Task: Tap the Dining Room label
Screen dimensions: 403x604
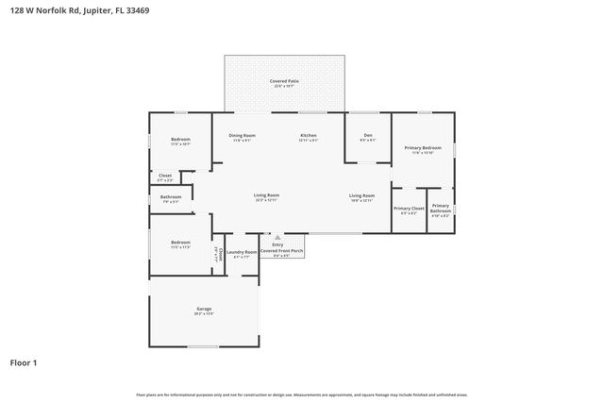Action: point(243,135)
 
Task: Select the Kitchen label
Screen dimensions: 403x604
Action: point(309,135)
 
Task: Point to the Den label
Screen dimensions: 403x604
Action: point(368,135)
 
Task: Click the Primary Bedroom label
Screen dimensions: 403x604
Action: point(423,148)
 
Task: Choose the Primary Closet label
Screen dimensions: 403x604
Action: point(409,208)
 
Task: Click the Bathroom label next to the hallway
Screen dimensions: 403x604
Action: point(170,196)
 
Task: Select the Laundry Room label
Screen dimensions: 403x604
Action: point(242,252)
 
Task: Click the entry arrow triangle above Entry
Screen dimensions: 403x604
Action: point(277,238)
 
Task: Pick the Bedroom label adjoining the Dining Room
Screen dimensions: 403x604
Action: point(180,140)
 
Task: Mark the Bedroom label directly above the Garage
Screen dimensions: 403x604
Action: point(180,243)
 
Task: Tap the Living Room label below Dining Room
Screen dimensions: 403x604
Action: point(266,195)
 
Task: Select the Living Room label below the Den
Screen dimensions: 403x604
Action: point(362,195)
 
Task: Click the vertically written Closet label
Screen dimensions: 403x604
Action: point(220,252)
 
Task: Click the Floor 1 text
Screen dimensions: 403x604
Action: point(24,361)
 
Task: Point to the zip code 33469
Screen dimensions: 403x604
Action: point(138,9)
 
